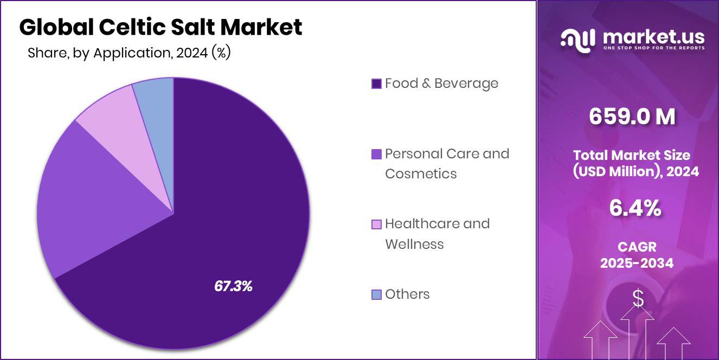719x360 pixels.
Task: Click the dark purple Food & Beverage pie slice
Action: coord(228,217)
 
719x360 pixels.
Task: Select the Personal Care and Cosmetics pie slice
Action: coord(103,195)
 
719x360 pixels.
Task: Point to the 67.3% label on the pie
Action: coord(233,286)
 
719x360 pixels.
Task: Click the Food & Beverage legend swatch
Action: coord(376,84)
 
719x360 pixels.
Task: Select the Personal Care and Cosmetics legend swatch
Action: coord(376,155)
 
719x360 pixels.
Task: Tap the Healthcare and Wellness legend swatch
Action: coord(376,224)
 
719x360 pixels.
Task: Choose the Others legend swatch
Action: coord(376,295)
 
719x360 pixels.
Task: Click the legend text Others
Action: coord(407,294)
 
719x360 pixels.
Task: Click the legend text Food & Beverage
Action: coord(441,83)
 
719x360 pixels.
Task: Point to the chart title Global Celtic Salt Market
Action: coord(161,27)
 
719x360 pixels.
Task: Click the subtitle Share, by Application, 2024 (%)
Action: coord(129,53)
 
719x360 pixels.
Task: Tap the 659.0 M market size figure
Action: coord(632,117)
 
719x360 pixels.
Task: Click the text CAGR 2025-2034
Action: coord(637,255)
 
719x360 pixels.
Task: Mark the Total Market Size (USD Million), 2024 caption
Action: coord(636,163)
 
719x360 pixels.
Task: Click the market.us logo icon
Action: coord(578,40)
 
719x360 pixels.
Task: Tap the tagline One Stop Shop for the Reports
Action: coord(654,48)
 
